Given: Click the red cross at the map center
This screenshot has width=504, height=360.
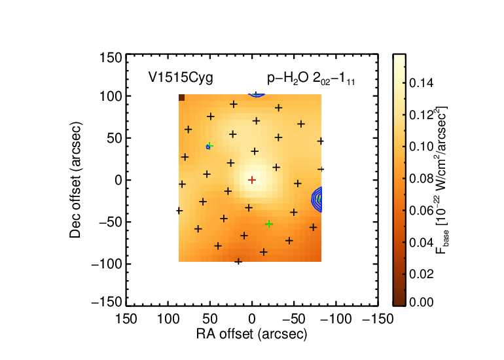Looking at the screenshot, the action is click(252, 180).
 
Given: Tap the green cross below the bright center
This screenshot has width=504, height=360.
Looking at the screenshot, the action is click(269, 224).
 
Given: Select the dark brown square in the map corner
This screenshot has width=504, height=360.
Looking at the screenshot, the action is click(181, 98).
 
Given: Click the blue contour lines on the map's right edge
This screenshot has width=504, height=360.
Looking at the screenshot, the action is click(317, 199).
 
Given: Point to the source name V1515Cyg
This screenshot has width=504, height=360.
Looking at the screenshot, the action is click(181, 78).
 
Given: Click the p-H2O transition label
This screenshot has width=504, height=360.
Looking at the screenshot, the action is click(311, 79).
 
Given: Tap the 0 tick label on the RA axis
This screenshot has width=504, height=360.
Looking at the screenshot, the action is click(252, 319).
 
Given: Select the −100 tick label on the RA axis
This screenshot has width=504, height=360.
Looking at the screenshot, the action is click(336, 319).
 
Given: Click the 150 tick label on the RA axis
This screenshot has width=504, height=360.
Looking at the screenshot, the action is click(126, 319).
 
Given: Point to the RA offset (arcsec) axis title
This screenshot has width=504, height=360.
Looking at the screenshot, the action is click(252, 334).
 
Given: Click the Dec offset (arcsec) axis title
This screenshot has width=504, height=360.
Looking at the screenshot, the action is click(75, 180).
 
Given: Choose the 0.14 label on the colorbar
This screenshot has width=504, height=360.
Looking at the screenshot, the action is click(422, 83).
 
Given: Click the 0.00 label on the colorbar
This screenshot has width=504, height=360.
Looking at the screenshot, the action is click(422, 302).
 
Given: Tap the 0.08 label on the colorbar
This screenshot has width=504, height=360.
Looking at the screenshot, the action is click(422, 179).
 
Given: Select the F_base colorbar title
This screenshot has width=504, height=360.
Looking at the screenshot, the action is click(442, 180).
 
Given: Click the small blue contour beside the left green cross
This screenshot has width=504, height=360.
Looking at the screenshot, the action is click(208, 147).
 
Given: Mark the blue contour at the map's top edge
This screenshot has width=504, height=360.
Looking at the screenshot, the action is click(257, 95).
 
